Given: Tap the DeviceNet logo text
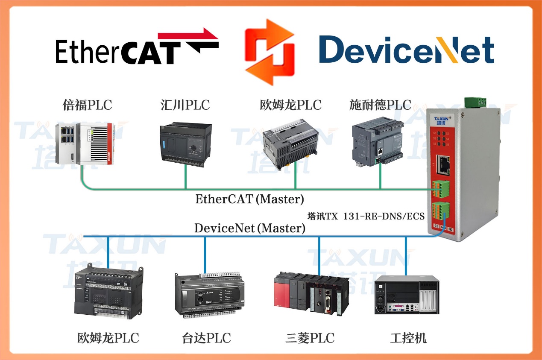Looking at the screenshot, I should [x=406, y=50].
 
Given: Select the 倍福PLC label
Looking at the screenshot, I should [x=87, y=105].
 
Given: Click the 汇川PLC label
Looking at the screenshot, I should [x=185, y=105].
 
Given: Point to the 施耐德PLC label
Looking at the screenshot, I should [x=380, y=105].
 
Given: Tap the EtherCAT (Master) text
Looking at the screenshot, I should [x=250, y=199].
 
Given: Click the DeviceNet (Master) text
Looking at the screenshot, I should [x=250, y=228].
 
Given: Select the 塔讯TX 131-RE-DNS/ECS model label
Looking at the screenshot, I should [x=366, y=217].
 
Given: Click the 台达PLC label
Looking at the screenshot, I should [x=206, y=339].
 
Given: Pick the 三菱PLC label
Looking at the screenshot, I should [x=310, y=339].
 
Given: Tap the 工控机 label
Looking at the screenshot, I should [x=408, y=339].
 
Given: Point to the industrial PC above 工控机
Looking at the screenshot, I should [x=407, y=295].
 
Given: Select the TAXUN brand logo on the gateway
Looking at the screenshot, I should [x=440, y=120].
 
